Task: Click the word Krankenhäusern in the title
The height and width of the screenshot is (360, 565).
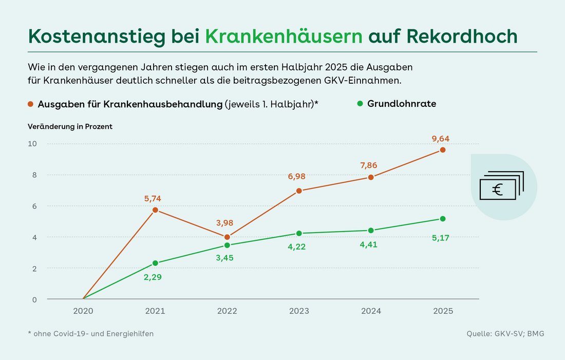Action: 284,36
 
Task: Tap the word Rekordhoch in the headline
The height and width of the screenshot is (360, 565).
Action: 462,36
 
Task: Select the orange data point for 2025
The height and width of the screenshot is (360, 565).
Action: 443,150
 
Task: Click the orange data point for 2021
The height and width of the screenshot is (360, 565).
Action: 155,210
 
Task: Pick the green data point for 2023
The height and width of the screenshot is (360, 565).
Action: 299,233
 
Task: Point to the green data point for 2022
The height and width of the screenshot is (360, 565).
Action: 227,245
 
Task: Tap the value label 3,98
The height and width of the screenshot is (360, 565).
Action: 227,222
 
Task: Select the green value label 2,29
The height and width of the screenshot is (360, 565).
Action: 155,277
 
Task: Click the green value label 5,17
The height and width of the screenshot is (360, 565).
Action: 443,238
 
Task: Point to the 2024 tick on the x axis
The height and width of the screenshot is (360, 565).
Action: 371,311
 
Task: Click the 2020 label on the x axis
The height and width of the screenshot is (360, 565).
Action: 83,311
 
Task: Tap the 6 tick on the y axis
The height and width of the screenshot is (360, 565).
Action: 34,206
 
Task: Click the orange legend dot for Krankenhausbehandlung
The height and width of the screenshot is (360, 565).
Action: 31,104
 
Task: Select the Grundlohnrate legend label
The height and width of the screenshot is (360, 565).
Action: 402,104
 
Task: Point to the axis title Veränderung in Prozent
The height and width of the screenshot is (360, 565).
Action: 70,126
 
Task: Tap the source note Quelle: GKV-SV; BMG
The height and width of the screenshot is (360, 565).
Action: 505,334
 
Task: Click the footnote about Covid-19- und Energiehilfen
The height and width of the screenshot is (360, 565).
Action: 91,334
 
